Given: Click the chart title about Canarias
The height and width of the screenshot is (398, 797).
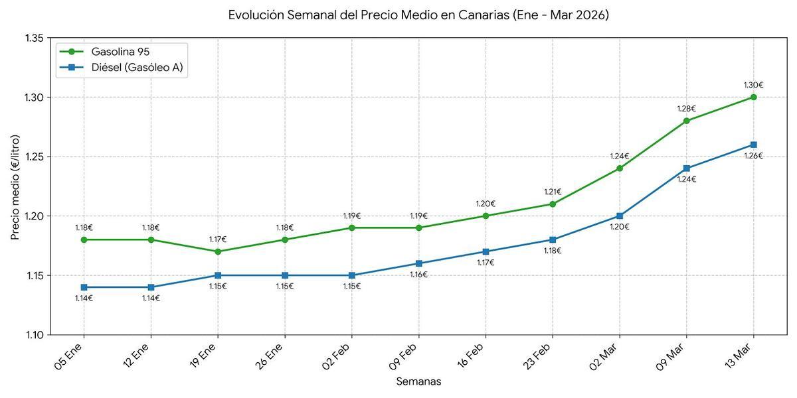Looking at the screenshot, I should point(418,15).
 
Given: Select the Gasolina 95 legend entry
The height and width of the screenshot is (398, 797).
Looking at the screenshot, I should point(125,52).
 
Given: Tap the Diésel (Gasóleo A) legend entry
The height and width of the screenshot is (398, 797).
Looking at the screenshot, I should point(139,67).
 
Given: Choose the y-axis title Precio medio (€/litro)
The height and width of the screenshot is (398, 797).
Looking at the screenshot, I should point(15,187).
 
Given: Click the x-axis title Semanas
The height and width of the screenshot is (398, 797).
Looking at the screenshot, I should point(418,381).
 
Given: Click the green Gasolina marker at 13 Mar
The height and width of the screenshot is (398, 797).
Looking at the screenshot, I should point(753,97).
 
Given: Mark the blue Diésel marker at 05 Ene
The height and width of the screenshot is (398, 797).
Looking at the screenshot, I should point(84,287).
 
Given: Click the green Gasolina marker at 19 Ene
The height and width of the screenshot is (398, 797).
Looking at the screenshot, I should point(218,251).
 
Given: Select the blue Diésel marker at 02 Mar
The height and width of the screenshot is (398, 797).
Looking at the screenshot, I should point(619,216).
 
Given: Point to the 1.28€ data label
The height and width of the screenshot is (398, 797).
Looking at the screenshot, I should point(686,109).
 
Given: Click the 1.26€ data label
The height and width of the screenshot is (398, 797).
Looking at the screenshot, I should point(753,156).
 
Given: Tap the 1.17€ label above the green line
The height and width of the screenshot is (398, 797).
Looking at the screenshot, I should point(218,239).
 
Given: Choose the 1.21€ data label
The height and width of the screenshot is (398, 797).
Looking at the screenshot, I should point(552,192).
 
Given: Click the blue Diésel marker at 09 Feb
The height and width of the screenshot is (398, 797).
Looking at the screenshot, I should point(418,263).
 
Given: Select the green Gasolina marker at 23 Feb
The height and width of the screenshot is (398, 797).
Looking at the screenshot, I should point(552,204).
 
